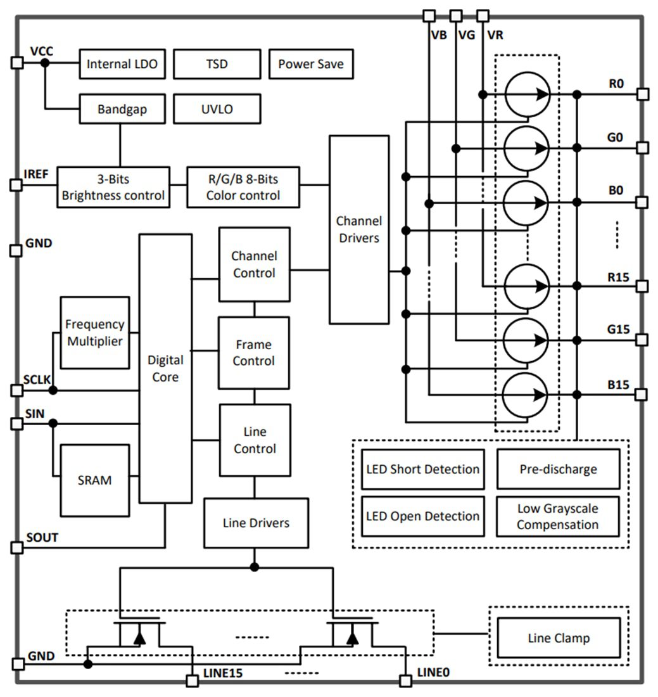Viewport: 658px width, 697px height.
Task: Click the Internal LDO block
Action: click(x=122, y=64)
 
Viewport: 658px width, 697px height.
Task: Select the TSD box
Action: click(x=217, y=64)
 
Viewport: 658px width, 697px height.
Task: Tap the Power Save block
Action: click(x=310, y=64)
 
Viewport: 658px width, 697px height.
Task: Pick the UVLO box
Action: click(x=217, y=109)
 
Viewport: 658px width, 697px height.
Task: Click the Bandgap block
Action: click(x=122, y=109)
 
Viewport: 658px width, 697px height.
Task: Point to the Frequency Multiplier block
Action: click(x=94, y=332)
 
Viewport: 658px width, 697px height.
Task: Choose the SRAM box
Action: click(x=94, y=480)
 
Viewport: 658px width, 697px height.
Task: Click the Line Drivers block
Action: click(x=256, y=523)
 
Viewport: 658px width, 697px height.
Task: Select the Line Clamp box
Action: click(x=558, y=638)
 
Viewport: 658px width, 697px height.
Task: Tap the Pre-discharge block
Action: click(x=557, y=470)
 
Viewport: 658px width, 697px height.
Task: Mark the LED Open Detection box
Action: click(x=422, y=516)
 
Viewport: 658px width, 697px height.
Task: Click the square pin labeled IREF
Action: click(x=16, y=184)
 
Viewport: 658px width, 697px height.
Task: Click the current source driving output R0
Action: click(x=527, y=94)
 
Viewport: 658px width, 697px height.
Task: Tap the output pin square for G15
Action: click(x=642, y=340)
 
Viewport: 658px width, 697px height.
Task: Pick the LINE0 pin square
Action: click(x=406, y=681)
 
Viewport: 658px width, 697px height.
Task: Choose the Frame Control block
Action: click(x=254, y=353)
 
